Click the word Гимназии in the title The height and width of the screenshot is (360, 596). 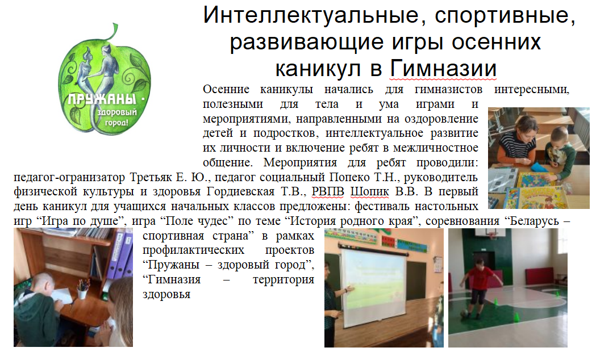point(443,68)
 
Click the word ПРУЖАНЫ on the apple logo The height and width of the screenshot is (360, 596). point(102,99)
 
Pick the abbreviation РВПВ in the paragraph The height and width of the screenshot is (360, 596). point(328,192)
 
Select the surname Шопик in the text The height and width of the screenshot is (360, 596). point(369,192)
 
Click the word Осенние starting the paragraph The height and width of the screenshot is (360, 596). point(226,89)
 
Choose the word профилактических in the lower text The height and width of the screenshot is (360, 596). point(194,250)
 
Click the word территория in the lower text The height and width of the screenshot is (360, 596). point(284,280)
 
